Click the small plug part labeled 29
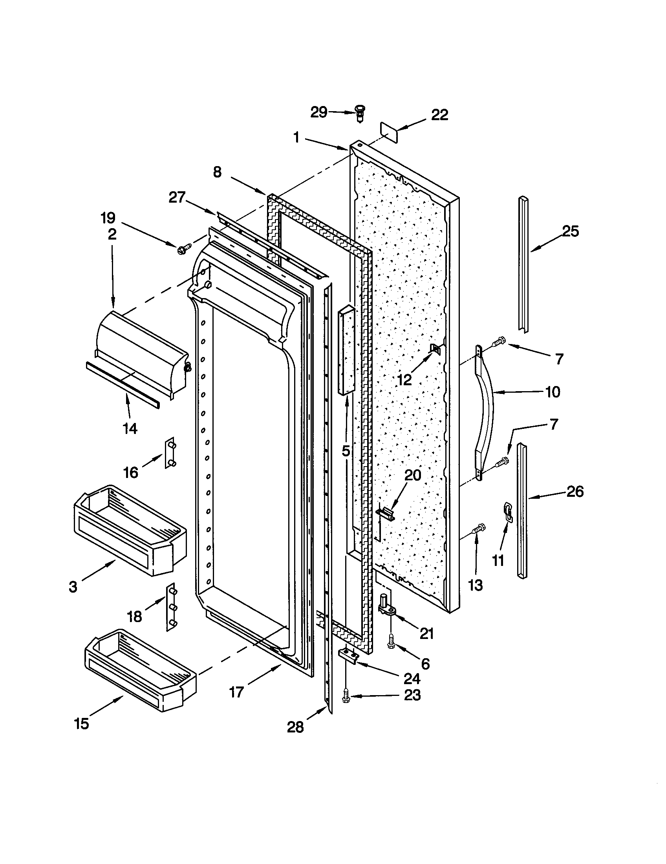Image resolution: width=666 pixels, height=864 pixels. [x=360, y=113]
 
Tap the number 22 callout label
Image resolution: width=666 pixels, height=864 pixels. [x=439, y=115]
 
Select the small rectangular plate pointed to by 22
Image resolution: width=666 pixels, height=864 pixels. [x=389, y=133]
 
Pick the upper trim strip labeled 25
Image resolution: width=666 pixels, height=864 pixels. [x=523, y=263]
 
